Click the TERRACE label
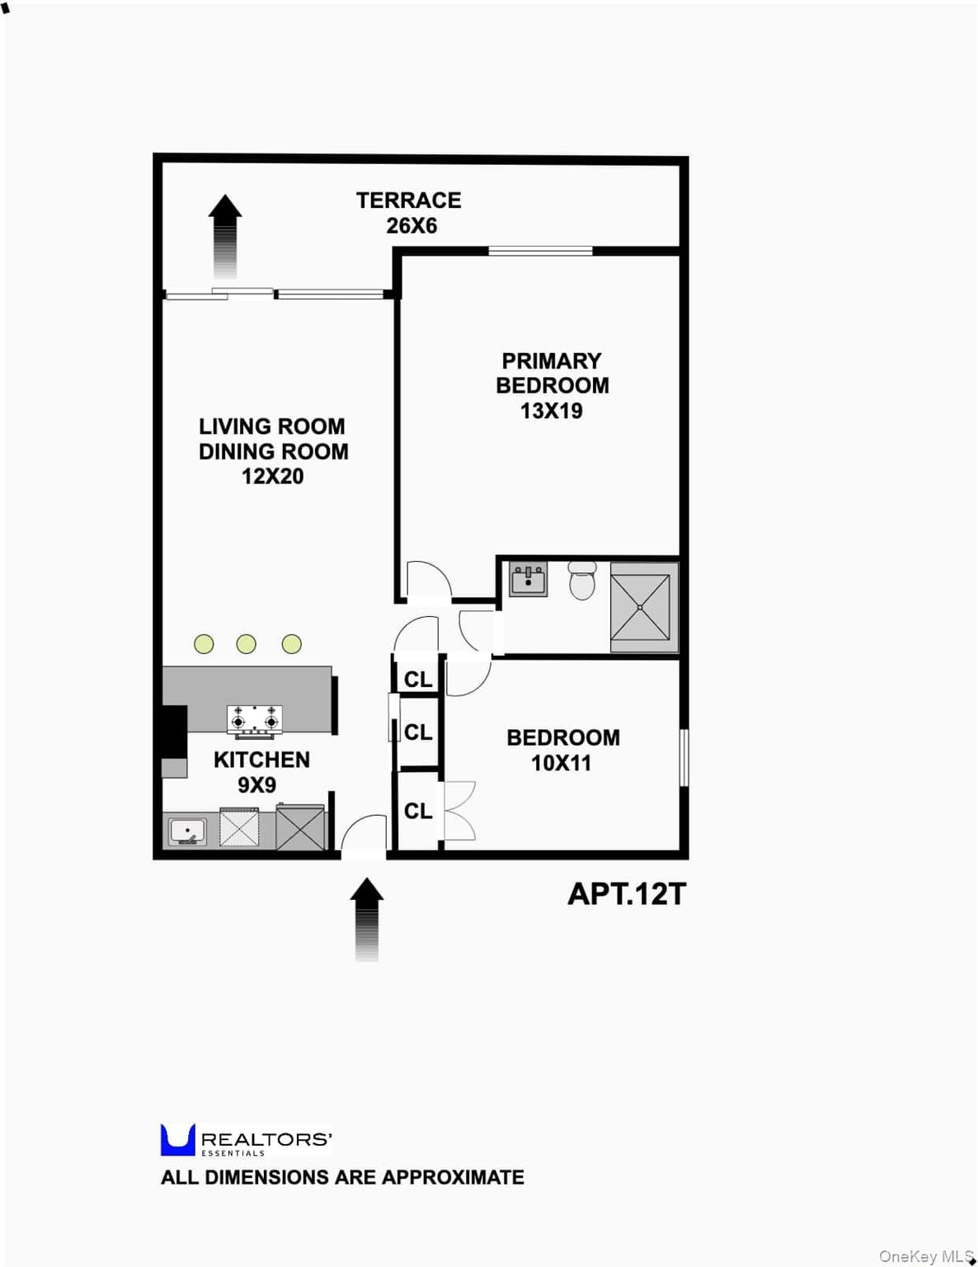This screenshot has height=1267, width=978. (408, 200)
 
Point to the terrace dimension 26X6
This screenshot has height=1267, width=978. (411, 226)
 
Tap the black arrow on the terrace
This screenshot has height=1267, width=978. (225, 236)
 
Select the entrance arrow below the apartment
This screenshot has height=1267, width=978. (367, 920)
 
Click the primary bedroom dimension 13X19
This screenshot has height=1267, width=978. (552, 411)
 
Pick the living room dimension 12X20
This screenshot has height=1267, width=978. (273, 477)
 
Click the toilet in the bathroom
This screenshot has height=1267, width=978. (582, 580)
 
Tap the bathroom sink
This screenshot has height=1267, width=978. (528, 579)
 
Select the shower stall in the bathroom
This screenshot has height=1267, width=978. (644, 607)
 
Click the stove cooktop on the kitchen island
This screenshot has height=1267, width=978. (255, 722)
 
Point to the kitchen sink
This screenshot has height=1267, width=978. (187, 831)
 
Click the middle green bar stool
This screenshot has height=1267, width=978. (246, 643)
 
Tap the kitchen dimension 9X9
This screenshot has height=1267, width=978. (256, 784)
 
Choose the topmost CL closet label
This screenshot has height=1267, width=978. (418, 679)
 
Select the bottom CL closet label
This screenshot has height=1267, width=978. (418, 811)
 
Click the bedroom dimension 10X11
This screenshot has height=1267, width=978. (561, 763)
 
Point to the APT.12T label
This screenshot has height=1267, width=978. (627, 894)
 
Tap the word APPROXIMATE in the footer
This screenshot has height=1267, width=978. (453, 1177)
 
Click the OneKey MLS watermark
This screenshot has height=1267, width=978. (926, 1255)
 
